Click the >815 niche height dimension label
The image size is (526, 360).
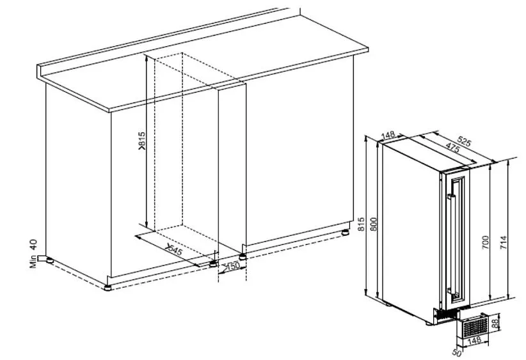pos(142,141)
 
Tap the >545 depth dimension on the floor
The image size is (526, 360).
pos(174,250)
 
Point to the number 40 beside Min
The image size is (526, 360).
pos(33,244)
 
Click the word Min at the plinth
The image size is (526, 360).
pos(33,262)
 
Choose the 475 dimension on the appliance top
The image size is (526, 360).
pos(453,148)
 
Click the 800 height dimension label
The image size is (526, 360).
pos(374,224)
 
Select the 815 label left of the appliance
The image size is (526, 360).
pos(361,224)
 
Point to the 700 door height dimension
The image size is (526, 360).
pos(485,242)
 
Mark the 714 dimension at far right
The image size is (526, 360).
pos(504,242)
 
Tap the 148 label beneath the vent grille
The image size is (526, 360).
pos(475,341)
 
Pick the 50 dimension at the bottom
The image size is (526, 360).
pos(456,352)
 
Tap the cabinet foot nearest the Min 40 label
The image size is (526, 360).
pos(50,260)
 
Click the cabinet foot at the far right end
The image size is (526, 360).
pos(345,232)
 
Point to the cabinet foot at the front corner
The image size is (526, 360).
pos(108,288)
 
